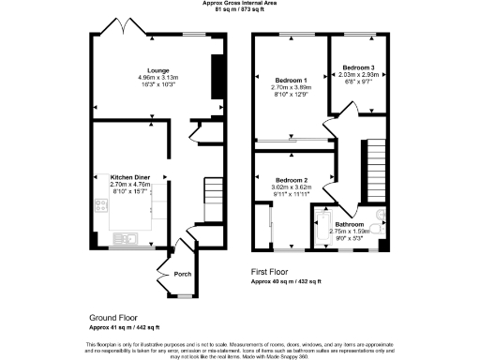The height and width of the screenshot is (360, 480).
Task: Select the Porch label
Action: tap(184, 274)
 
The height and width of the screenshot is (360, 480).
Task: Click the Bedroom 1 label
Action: tap(291, 81)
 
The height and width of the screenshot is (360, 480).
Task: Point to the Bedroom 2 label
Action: tap(292, 180)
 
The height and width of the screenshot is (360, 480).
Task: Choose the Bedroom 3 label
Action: tap(358, 68)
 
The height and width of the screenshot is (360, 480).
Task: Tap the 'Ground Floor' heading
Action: tap(115, 318)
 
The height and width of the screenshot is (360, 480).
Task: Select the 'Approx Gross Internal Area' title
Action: tap(241, 4)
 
